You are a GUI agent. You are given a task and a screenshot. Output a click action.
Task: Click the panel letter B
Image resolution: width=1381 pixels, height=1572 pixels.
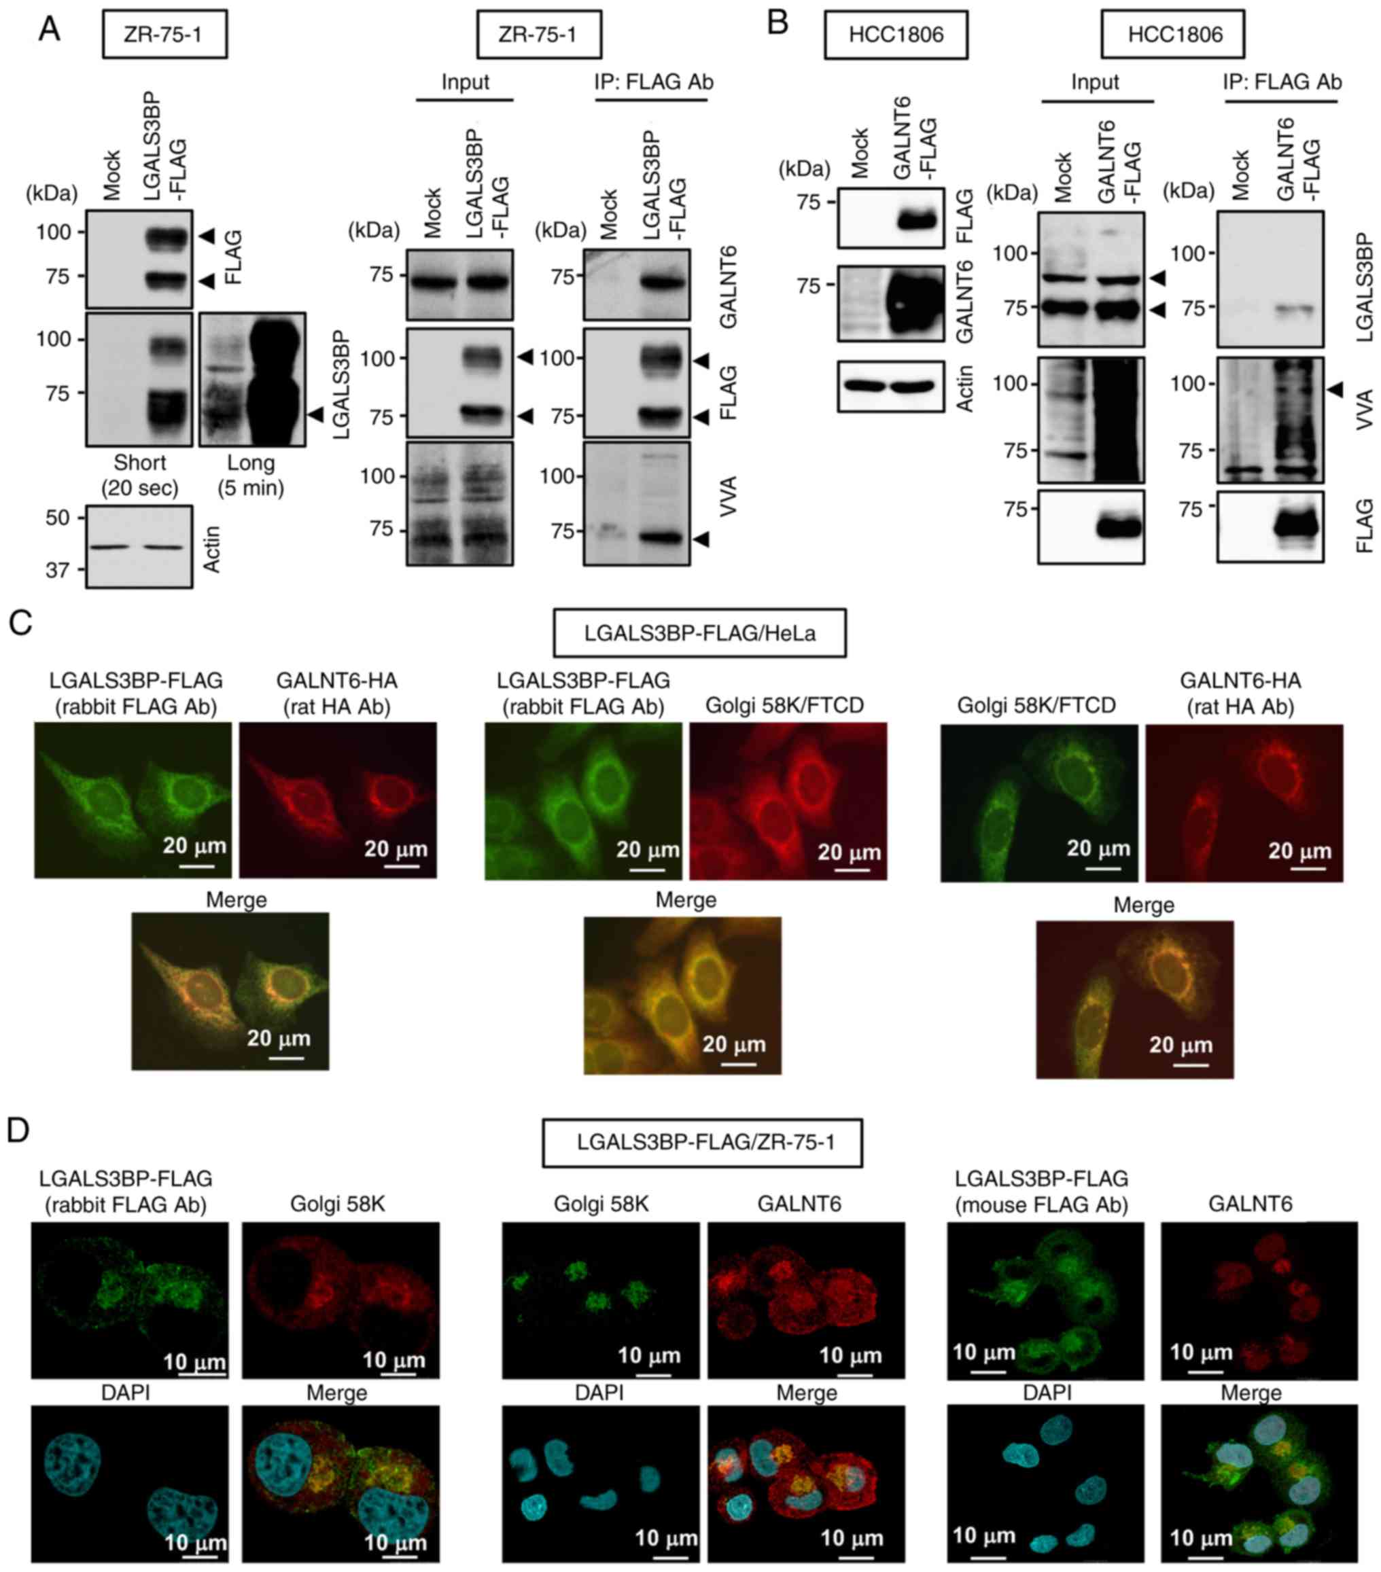(777, 23)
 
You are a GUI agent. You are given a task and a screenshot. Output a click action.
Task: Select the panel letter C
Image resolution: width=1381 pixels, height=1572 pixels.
(21, 622)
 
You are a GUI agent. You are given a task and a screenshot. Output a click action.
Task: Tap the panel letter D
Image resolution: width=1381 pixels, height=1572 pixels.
(18, 1130)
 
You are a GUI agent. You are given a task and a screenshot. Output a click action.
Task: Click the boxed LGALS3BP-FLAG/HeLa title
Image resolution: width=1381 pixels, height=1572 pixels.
(699, 633)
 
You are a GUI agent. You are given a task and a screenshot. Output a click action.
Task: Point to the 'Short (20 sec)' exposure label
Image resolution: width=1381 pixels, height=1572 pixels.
(139, 476)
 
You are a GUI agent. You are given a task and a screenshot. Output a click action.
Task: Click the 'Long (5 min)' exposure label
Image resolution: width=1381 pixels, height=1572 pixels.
(251, 476)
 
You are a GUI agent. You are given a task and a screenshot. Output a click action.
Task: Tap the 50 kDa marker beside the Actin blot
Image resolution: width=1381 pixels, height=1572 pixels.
(57, 518)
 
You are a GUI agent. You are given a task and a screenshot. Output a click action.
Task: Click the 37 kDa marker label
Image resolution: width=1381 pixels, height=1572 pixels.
(57, 571)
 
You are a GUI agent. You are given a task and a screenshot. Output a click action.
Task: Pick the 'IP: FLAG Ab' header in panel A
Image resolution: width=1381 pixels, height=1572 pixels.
(653, 82)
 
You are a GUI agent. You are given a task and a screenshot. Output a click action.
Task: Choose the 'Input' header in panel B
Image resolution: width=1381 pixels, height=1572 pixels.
(1095, 82)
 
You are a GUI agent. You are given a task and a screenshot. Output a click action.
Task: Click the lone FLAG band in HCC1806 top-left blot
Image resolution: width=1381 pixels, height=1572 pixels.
(915, 221)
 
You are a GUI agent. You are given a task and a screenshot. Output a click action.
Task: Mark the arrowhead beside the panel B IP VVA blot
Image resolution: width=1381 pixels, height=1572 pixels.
(1336, 390)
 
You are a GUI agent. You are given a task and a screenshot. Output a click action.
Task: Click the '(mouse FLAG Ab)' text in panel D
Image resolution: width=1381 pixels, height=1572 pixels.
(1041, 1205)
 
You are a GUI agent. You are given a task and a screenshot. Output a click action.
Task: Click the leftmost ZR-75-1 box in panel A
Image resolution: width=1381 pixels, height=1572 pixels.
(164, 35)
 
